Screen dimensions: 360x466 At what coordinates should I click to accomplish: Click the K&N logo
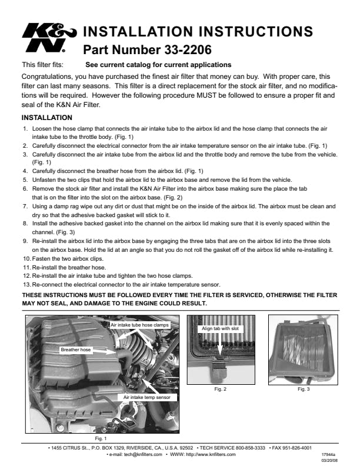coord(49,38)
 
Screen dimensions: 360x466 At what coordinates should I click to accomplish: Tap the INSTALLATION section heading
coord(46,118)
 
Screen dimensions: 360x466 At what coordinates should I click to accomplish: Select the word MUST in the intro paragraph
coord(205,95)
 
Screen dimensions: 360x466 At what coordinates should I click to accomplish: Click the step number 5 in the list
coord(25,180)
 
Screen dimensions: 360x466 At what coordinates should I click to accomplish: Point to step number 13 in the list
coord(26,285)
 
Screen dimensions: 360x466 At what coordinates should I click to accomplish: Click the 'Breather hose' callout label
coord(75,350)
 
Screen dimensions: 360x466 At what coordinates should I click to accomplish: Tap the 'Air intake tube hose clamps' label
coord(139,325)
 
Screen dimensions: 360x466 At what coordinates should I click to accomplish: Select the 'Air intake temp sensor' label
coord(146,397)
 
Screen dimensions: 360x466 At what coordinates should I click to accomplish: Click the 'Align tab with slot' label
coord(220,328)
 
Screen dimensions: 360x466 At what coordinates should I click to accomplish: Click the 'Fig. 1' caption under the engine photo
coord(101,438)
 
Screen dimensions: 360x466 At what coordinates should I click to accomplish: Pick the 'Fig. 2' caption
coord(220,389)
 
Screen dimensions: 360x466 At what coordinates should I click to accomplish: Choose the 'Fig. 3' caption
coord(304,389)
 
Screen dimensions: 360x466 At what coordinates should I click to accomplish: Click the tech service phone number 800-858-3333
coord(250,448)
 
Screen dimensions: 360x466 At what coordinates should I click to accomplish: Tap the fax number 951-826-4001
coord(297,448)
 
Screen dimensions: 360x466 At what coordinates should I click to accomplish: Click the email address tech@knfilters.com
coord(143,454)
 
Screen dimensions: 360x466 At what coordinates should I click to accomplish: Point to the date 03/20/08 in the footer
coord(329,460)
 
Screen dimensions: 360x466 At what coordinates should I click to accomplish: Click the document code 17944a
coord(328,455)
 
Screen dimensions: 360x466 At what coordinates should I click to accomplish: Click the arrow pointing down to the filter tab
coord(220,344)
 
